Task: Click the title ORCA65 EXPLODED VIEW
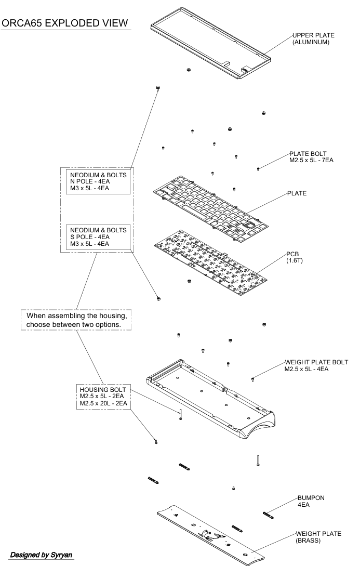[65, 24]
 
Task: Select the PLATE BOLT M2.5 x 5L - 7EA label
[311, 157]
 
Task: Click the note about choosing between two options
[76, 320]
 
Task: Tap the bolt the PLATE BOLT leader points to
[258, 169]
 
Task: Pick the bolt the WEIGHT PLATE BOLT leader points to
[252, 379]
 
